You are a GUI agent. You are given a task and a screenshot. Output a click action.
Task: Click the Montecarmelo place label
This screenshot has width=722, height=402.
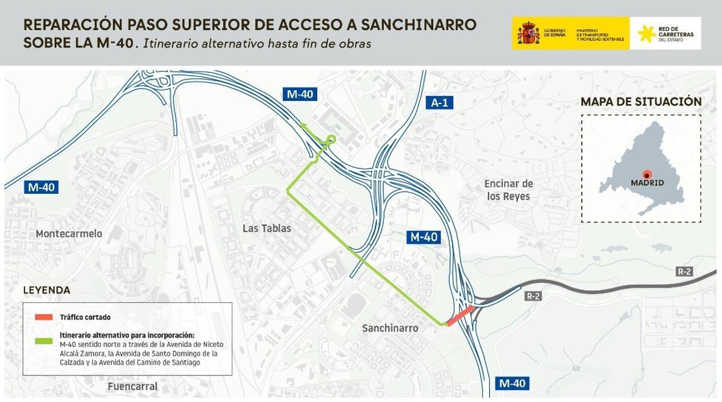(x=69, y=233)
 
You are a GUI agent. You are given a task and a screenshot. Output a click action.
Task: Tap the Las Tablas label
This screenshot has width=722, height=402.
(x=267, y=228)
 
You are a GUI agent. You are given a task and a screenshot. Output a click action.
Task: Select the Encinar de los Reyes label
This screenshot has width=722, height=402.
(x=508, y=190)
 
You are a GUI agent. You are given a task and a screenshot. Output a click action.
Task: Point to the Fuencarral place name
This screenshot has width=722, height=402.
(x=132, y=386)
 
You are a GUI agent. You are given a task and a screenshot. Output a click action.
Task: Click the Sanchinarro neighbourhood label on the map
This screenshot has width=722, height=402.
(x=390, y=327)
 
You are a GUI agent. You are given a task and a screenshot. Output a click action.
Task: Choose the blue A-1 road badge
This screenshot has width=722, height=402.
(x=440, y=103)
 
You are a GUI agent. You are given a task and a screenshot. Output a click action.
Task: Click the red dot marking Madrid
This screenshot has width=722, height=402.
(x=647, y=173)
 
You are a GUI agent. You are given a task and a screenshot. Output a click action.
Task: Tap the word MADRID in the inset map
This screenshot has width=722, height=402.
(x=647, y=182)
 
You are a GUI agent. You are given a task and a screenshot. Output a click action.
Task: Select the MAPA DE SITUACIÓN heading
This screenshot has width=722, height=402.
(x=641, y=102)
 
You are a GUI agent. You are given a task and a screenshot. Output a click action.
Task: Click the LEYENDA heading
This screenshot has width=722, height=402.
(x=47, y=290)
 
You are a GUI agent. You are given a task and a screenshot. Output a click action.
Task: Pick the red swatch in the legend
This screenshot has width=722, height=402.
(x=44, y=317)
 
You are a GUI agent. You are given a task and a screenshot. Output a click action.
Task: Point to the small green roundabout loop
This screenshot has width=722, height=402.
(x=330, y=140)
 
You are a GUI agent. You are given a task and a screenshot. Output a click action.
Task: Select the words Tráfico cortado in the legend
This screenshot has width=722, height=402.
(x=85, y=317)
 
